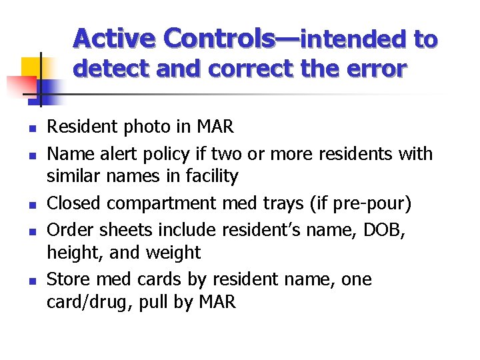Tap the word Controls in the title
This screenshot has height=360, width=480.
tap(219, 39)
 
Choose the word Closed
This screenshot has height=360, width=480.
tap(73, 203)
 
